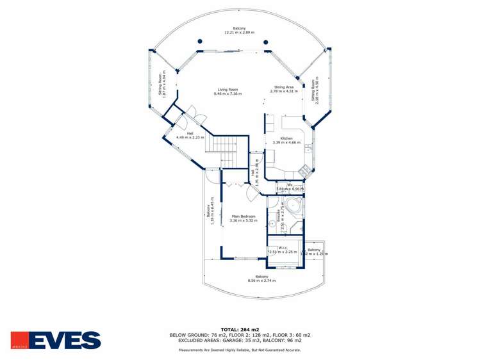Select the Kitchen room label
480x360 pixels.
(x=286, y=138)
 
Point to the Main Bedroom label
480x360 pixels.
(x=244, y=217)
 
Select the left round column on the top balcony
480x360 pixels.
(x=200, y=42)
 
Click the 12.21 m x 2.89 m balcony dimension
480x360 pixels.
(x=239, y=32)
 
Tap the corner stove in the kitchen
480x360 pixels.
(x=304, y=170)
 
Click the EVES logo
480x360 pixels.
(x=56, y=340)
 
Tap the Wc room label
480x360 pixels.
(x=290, y=185)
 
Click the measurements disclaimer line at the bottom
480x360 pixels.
(x=239, y=350)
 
